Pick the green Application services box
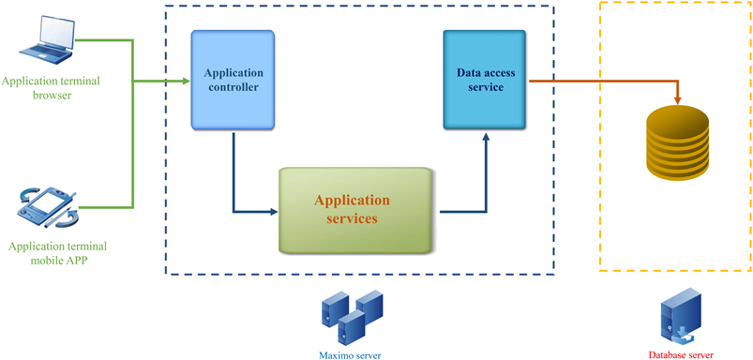click(x=357, y=210)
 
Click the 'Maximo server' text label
click(x=349, y=354)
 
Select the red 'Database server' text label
click(x=681, y=354)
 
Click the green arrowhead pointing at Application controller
click(x=185, y=81)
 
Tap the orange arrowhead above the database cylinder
click(x=677, y=97)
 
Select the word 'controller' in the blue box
click(x=233, y=88)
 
